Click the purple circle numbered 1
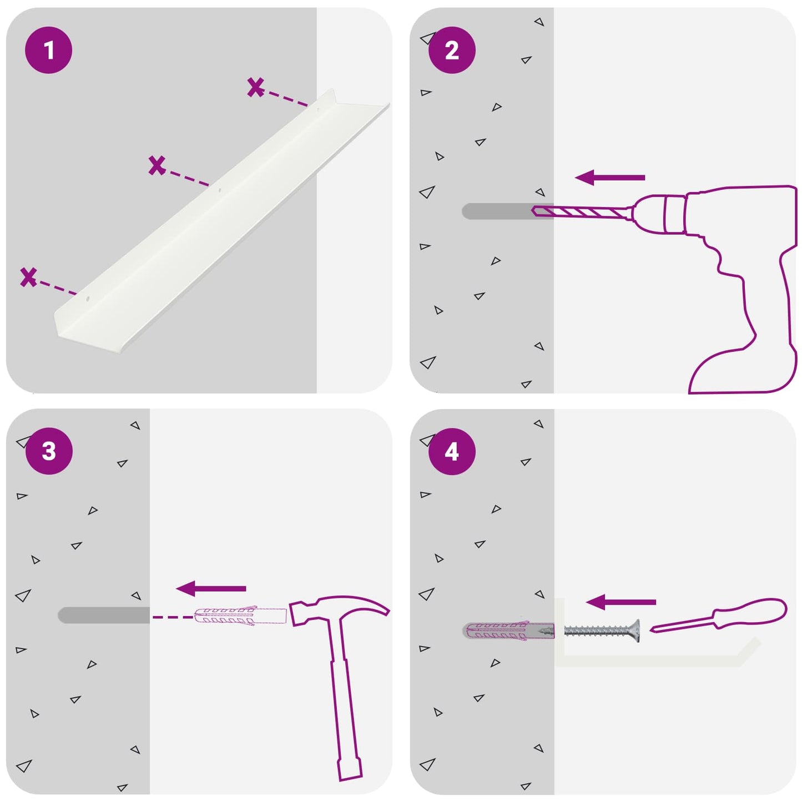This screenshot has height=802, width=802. point(49,51)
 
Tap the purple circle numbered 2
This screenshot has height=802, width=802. point(452,51)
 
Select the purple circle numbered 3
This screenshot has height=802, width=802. point(49,451)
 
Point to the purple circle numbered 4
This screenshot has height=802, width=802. point(452,452)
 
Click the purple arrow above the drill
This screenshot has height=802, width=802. point(610,177)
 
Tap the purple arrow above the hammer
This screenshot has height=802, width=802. point(211,588)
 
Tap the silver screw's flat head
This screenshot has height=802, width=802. point(636,632)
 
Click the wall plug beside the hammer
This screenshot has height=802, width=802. point(240,616)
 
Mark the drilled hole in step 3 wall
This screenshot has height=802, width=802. point(104,615)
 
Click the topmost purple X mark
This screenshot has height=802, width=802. point(255,87)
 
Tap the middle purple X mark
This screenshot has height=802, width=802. point(157,165)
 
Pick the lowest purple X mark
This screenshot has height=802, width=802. point(29,277)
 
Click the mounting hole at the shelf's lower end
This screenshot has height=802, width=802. point(88,299)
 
